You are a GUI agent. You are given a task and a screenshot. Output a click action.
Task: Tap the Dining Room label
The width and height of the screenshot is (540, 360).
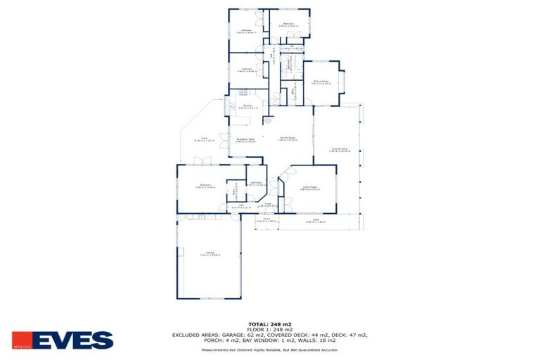(x=321, y=82)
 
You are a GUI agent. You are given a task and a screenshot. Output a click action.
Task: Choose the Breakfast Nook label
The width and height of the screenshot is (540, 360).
(x=245, y=140)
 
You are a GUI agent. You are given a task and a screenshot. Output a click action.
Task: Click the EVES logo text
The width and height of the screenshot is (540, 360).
(x=72, y=340)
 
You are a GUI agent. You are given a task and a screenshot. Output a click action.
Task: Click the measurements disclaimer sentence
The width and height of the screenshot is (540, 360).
(x=270, y=349)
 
